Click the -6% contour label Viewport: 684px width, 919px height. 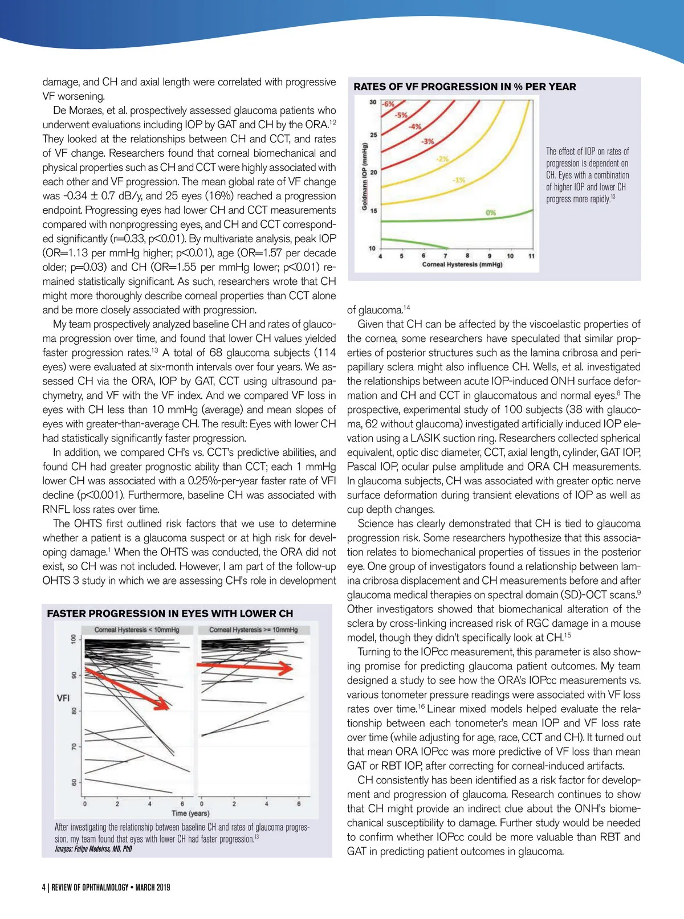[389, 104]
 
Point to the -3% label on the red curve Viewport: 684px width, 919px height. [427, 141]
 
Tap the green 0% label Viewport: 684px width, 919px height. [491, 213]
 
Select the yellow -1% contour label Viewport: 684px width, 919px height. [459, 180]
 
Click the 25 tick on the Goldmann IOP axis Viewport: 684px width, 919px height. [374, 135]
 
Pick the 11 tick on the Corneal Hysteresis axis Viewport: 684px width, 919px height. [531, 256]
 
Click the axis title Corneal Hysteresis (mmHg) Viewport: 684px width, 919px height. [462, 264]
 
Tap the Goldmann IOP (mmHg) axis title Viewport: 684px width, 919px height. [364, 176]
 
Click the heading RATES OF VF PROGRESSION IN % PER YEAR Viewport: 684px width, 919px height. [465, 87]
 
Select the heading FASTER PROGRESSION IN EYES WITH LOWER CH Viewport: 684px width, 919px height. [170, 614]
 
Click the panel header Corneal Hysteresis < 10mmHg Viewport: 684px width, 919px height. [137, 630]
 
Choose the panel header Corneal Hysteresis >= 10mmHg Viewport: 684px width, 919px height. [254, 630]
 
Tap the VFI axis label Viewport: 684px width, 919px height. [63, 698]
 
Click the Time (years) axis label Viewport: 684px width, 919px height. [190, 813]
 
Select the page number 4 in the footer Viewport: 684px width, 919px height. [44, 887]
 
